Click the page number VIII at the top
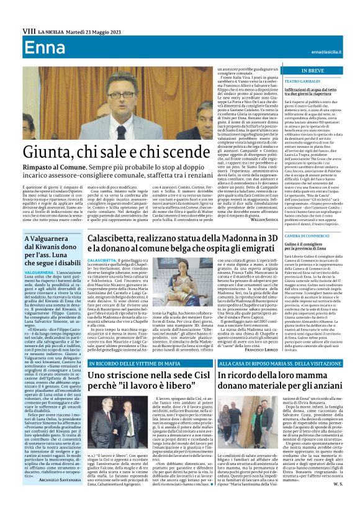coord(28,30)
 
